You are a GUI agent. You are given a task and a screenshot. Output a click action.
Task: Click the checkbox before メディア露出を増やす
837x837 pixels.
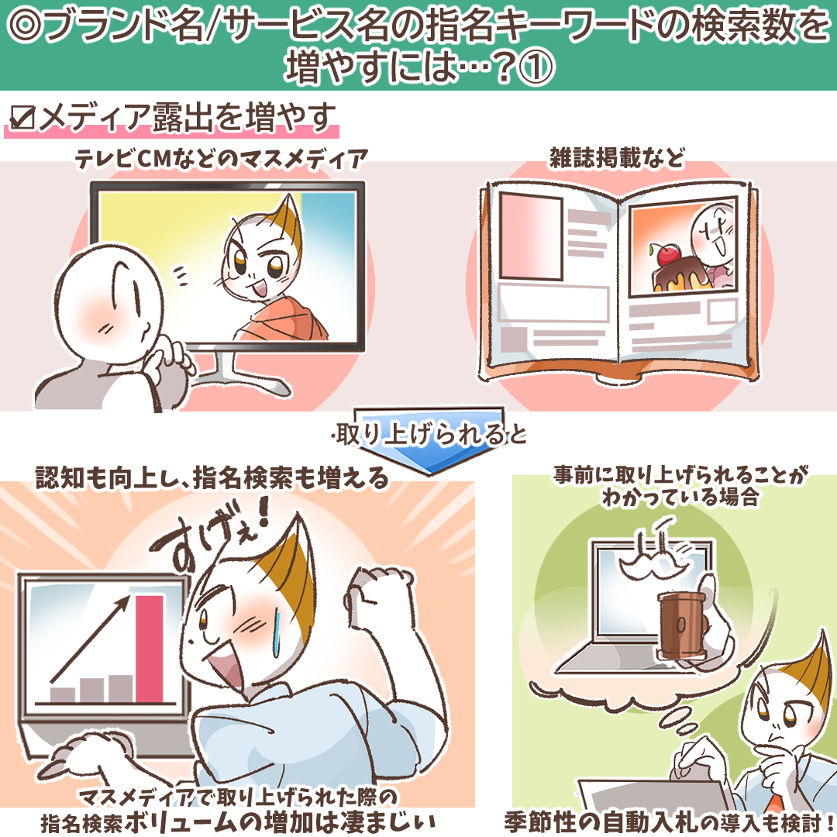point(22,118)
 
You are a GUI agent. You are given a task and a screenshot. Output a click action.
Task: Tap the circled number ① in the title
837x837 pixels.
point(536,67)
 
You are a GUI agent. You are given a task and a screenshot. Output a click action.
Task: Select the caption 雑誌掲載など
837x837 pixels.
point(617,158)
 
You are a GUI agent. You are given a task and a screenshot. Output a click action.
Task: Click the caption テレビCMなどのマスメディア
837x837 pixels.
point(222,159)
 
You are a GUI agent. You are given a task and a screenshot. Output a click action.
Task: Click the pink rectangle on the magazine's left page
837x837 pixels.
point(531,236)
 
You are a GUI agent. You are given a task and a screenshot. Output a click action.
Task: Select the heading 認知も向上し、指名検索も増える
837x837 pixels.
point(212,477)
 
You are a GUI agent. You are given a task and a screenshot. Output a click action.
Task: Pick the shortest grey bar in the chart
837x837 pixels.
point(63,694)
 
